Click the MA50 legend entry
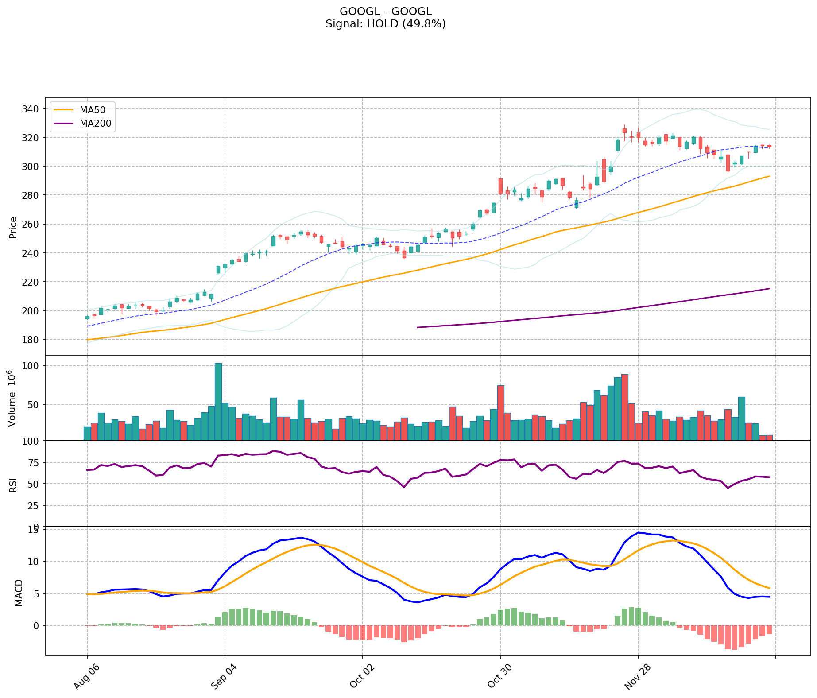(x=92, y=110)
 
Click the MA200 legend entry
(x=95, y=124)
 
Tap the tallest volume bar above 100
(x=218, y=401)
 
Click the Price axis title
(x=13, y=228)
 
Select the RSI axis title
(x=13, y=485)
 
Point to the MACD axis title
(x=19, y=593)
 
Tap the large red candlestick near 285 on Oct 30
(x=500, y=186)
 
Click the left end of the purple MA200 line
(x=418, y=327)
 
